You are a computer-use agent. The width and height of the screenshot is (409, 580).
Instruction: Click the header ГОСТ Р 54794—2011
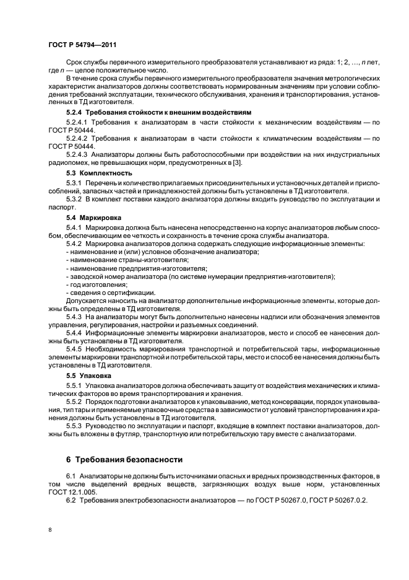[82, 45]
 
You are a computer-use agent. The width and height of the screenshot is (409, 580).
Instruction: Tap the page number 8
[50, 530]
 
